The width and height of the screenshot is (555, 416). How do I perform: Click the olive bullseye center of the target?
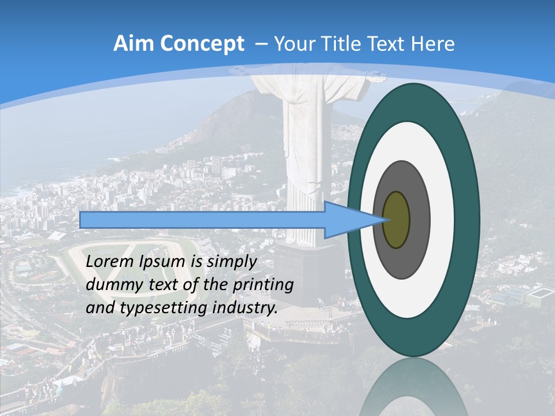click(x=397, y=220)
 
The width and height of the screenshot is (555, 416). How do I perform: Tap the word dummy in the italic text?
click(x=112, y=285)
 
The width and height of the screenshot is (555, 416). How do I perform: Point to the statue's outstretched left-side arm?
click(x=243, y=71)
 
